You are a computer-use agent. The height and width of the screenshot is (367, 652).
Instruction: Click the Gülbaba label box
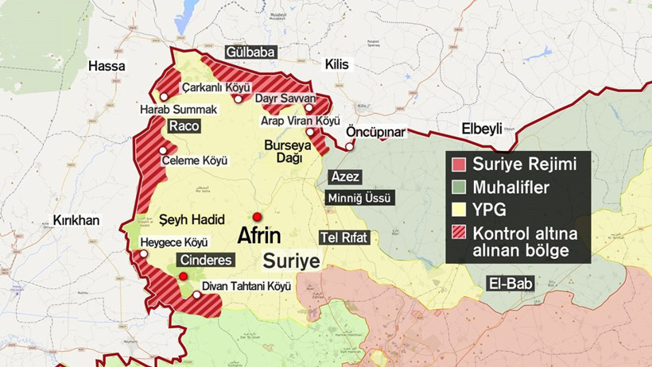(250, 52)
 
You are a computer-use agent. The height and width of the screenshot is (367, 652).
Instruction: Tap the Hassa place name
(107, 66)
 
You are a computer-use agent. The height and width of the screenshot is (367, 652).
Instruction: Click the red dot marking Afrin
(257, 217)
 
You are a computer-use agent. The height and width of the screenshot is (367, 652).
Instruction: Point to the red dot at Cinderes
(184, 276)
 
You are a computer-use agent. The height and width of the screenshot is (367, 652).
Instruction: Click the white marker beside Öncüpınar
(349, 146)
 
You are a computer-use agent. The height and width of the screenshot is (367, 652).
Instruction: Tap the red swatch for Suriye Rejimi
(458, 165)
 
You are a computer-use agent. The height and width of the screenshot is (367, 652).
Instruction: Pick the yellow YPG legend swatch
(458, 211)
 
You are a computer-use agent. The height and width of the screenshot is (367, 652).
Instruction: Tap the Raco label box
(184, 126)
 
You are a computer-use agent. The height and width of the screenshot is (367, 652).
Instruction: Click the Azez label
(345, 176)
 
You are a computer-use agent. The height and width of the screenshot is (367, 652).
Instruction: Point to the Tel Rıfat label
(344, 238)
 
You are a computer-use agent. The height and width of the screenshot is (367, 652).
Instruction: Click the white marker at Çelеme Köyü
(163, 150)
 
